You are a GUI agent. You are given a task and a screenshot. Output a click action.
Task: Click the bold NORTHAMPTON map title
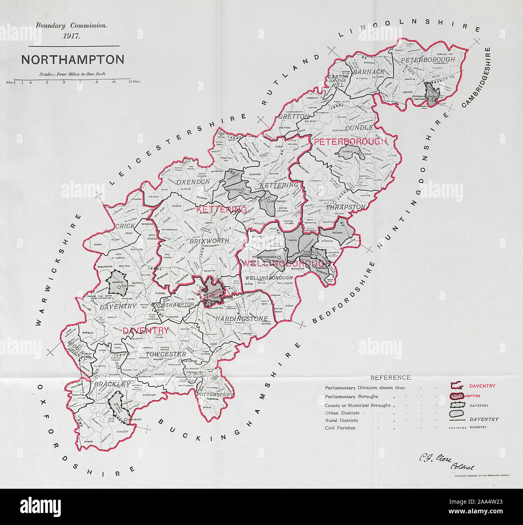(72, 60)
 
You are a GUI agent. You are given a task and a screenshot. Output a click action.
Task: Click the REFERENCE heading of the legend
(391, 378)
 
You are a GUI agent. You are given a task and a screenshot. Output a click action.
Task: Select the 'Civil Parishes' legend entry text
(340, 428)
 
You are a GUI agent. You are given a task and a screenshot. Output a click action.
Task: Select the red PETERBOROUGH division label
(350, 142)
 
